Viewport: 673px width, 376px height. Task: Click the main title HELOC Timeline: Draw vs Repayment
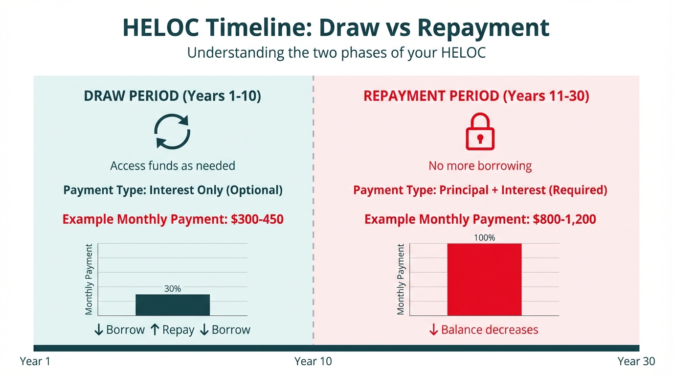point(336,28)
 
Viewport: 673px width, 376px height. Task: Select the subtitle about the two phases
point(336,52)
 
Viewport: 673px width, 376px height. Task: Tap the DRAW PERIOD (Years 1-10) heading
point(173,95)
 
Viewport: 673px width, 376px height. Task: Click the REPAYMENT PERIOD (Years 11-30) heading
point(476,95)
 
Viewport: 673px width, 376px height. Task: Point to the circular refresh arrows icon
point(172,131)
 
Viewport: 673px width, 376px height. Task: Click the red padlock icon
point(480,132)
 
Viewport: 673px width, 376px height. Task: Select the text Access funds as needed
point(173,166)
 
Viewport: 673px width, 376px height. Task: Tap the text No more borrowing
point(480,166)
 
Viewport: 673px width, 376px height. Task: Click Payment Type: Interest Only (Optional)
point(173,190)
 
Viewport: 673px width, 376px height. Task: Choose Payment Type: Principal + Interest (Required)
point(480,190)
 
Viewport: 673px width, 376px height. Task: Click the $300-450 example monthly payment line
point(173,219)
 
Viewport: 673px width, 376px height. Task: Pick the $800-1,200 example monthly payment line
point(480,219)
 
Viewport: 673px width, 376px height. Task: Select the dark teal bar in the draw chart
point(173,305)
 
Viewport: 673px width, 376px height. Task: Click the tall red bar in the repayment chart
point(484,280)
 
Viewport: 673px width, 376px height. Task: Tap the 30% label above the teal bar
point(173,289)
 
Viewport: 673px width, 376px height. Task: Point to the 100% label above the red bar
point(484,238)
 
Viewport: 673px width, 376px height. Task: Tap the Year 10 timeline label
point(313,361)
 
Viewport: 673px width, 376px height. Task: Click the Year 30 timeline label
point(636,361)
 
